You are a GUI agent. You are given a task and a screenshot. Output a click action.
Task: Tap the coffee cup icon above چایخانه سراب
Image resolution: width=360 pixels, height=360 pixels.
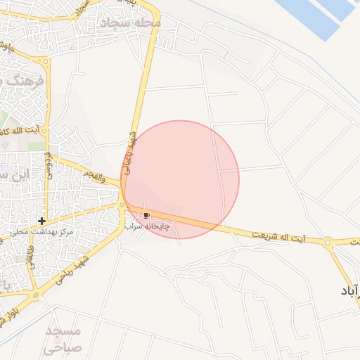[x=146, y=215]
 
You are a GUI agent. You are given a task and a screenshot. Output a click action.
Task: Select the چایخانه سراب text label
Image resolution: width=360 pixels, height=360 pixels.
[x=143, y=226]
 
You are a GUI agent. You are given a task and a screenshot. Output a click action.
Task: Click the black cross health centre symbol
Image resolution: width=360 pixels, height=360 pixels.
[x=43, y=221]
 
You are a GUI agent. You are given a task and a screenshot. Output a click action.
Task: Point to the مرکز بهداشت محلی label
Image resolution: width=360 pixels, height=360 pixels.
[x=42, y=231]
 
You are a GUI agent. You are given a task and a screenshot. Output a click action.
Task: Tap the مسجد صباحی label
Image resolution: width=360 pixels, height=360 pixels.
[x=63, y=339]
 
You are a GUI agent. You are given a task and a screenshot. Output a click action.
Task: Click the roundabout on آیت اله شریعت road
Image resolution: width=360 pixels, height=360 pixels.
[x=328, y=242]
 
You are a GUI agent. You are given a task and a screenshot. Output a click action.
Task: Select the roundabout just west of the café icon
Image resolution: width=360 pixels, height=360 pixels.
[x=122, y=205]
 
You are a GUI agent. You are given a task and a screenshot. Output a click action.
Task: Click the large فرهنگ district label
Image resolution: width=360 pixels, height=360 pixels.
[x=28, y=82]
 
